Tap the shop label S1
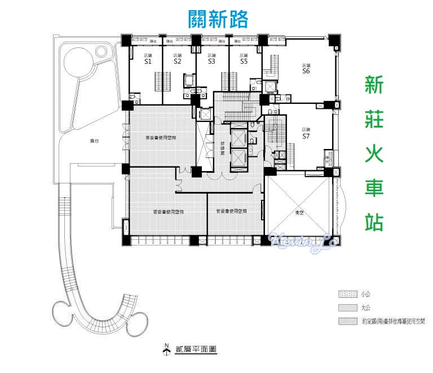point(148,62)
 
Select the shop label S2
point(178,62)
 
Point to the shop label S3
point(211,62)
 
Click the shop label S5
point(244,62)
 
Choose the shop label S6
point(306,71)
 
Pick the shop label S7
point(306,136)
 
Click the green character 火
point(374,153)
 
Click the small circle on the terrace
point(101,52)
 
